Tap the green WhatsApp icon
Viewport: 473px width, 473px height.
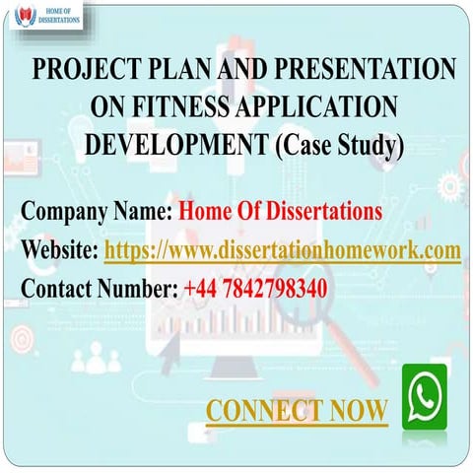pyautogui.click(x=424, y=395)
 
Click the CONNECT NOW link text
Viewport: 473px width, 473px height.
pyautogui.click(x=297, y=410)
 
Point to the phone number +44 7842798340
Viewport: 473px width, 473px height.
pyautogui.click(x=255, y=288)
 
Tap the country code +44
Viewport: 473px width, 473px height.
pyautogui.click(x=200, y=288)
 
